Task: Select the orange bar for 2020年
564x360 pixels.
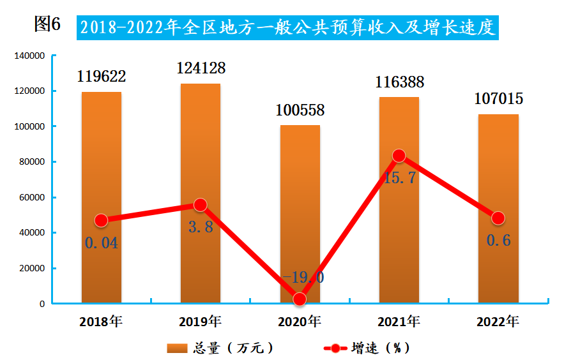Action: pyautogui.click(x=300, y=211)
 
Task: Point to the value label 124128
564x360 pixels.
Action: pyautogui.click(x=201, y=67)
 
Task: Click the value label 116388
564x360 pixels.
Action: pyautogui.click(x=399, y=82)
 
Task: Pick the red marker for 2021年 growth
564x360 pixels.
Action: pyautogui.click(x=399, y=156)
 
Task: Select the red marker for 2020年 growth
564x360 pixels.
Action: pyautogui.click(x=300, y=298)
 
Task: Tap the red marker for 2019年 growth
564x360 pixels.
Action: pyautogui.click(x=201, y=205)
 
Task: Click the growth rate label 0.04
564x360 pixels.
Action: pyautogui.click(x=101, y=243)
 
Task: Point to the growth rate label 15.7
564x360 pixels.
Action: pyautogui.click(x=400, y=178)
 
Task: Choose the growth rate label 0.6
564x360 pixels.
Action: pyautogui.click(x=498, y=241)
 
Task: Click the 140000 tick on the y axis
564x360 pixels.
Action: pyautogui.click(x=30, y=56)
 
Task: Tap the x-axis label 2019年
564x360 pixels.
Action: pyautogui.click(x=201, y=321)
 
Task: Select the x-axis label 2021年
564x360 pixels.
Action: pyautogui.click(x=399, y=321)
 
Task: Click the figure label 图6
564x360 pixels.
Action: pyautogui.click(x=47, y=25)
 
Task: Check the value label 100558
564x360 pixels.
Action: pyautogui.click(x=300, y=110)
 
